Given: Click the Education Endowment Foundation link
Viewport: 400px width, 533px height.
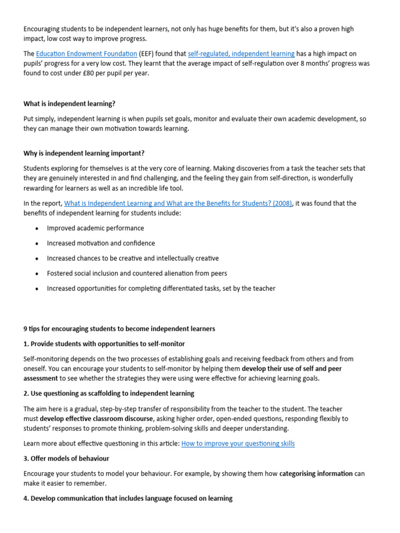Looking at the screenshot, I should tap(86, 54).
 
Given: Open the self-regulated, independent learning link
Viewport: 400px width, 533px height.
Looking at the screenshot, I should tap(241, 54).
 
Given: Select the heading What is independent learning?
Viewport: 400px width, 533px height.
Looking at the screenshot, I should tap(69, 104).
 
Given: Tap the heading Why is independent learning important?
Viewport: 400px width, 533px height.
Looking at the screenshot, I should tap(84, 153).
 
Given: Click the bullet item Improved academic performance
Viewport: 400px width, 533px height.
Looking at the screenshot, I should tap(95, 228).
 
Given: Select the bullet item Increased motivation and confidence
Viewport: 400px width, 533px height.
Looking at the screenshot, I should tap(101, 243).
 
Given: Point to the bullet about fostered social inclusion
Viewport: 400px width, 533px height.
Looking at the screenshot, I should tap(137, 273).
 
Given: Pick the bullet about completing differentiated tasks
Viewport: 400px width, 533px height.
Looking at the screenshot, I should tap(161, 288).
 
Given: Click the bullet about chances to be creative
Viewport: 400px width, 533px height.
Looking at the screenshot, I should tap(133, 258).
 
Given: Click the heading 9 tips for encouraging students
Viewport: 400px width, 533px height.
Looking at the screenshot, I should tap(119, 329).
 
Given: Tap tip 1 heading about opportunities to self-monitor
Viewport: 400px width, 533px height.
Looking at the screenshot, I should tap(104, 344).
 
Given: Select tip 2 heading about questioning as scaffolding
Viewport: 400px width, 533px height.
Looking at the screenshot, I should tap(109, 393).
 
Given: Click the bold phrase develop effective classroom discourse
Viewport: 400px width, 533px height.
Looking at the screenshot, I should tap(96, 418).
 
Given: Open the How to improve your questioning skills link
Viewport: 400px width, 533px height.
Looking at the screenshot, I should tap(238, 443).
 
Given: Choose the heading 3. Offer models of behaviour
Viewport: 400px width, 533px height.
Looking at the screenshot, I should tap(66, 459).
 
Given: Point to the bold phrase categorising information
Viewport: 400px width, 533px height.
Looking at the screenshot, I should tap(316, 474).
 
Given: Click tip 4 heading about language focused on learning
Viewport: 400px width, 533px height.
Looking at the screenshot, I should tap(128, 498).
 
